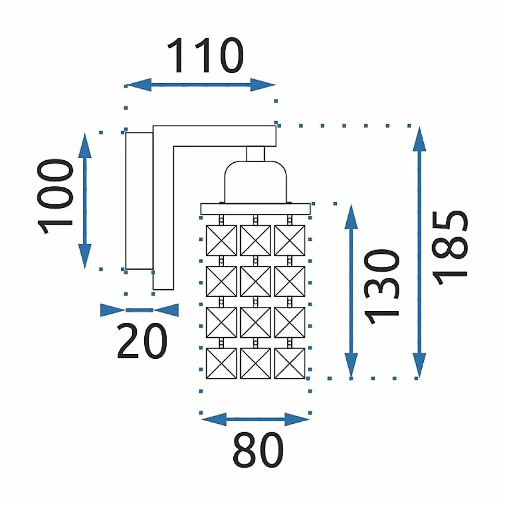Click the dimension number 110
point(206,56)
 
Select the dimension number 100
point(56,196)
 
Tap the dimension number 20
point(142,341)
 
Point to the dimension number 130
point(382,287)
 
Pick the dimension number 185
point(449,248)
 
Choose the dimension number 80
point(258,450)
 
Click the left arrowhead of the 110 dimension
point(138,85)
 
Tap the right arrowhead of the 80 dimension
point(297,419)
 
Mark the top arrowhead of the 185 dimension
point(419,139)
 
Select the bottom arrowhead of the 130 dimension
point(351,366)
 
